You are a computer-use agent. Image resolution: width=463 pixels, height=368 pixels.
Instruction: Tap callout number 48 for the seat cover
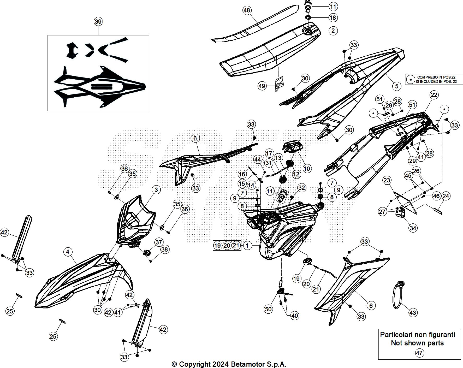(x=247, y=10)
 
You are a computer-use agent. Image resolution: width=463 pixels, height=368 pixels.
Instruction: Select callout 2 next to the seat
(x=333, y=31)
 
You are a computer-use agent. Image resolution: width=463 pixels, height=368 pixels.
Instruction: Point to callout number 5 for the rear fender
(x=397, y=86)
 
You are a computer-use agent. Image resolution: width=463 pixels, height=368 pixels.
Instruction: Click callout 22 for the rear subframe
(x=434, y=95)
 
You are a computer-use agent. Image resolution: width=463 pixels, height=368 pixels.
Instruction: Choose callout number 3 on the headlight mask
(x=156, y=189)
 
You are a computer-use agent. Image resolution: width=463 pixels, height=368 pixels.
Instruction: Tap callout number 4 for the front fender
(x=68, y=252)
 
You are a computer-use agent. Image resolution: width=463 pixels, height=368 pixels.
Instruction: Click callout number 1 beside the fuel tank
(x=247, y=245)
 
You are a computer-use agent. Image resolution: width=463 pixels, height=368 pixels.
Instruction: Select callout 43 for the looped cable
(x=413, y=312)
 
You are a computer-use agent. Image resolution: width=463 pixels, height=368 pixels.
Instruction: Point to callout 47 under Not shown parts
(x=419, y=353)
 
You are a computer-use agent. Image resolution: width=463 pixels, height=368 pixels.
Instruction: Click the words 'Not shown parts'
(x=417, y=343)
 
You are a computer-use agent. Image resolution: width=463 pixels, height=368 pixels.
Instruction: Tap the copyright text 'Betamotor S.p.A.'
(x=259, y=364)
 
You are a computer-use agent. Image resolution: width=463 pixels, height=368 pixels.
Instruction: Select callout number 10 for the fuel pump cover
(x=307, y=168)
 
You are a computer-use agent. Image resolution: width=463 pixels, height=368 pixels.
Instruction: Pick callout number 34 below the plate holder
(x=413, y=228)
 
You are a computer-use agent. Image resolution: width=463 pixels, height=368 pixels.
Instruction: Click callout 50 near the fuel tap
(x=268, y=309)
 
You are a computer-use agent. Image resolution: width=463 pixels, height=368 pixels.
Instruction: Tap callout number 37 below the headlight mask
(x=159, y=242)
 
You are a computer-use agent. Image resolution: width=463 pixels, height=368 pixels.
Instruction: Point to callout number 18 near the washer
(x=333, y=17)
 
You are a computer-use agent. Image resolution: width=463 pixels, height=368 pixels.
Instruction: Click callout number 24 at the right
(x=446, y=196)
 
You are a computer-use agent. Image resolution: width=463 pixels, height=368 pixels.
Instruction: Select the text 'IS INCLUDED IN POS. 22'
(x=436, y=81)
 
